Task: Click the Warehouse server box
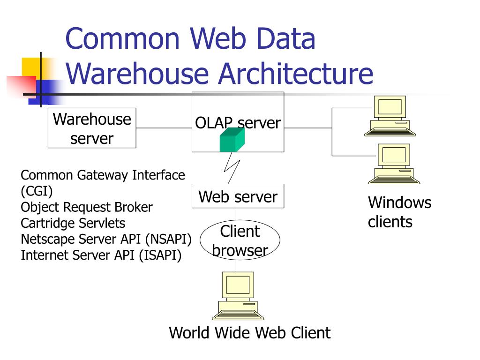click(x=92, y=128)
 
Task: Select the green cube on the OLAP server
click(x=232, y=140)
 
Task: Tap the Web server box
click(x=238, y=196)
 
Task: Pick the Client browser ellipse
click(x=240, y=240)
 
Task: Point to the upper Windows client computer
click(x=390, y=116)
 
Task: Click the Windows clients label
click(x=399, y=212)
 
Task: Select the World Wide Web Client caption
click(x=249, y=333)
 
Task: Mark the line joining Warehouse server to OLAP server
click(x=164, y=128)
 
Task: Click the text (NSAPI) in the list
click(x=168, y=239)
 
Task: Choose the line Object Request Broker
click(x=87, y=207)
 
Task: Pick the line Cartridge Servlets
click(x=73, y=223)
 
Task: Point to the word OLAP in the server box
click(x=214, y=123)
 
